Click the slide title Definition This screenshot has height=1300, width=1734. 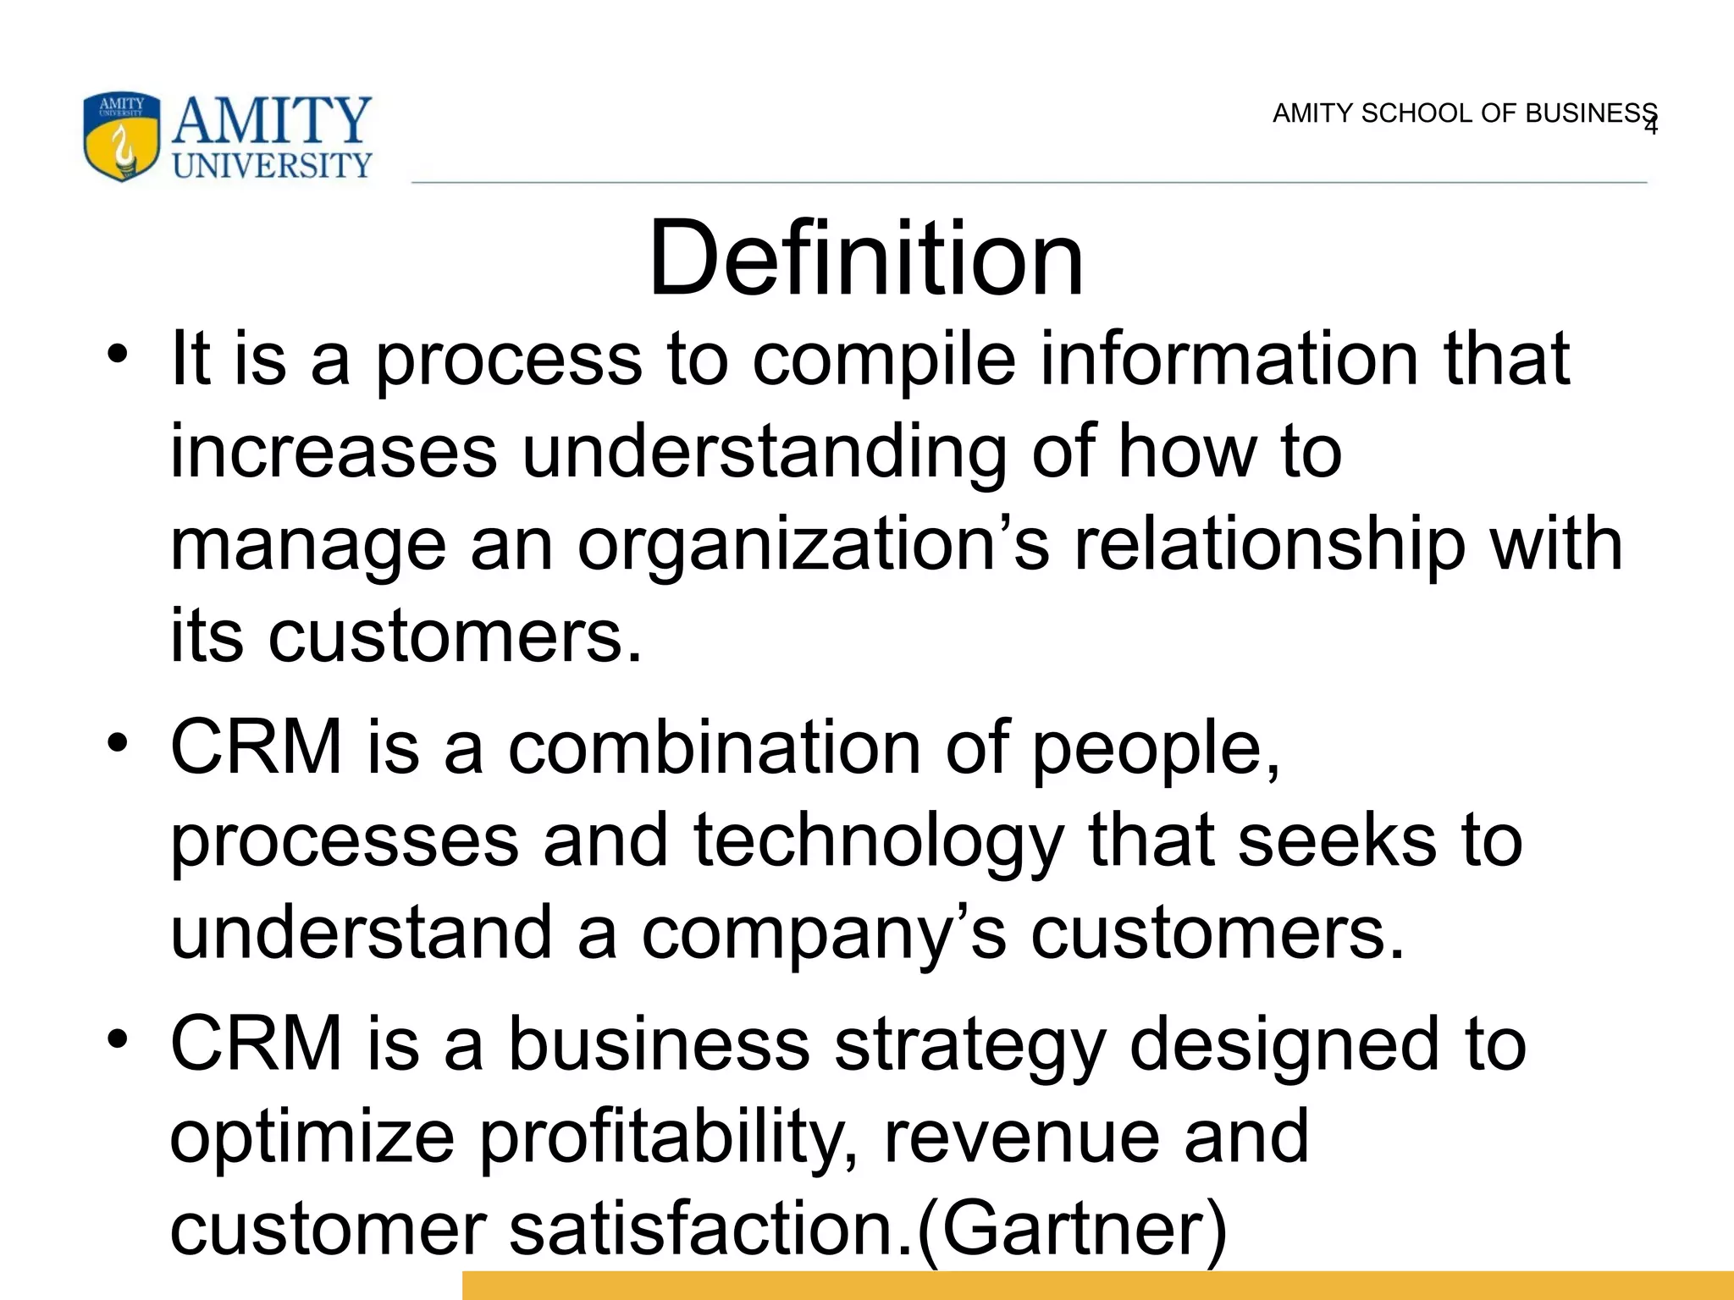[x=865, y=258]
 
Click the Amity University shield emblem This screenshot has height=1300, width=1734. [x=121, y=137]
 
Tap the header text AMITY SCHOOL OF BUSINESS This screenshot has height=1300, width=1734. [x=1463, y=113]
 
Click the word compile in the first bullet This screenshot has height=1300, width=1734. [x=883, y=360]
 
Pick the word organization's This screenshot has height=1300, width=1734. [x=813, y=546]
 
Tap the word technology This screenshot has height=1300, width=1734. [x=878, y=841]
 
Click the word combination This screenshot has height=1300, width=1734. [x=714, y=748]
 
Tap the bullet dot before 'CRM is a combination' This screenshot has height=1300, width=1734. [x=118, y=742]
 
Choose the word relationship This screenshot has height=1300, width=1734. [x=1269, y=546]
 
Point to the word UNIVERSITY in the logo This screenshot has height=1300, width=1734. [x=272, y=165]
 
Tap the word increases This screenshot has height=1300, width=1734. [x=334, y=453]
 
